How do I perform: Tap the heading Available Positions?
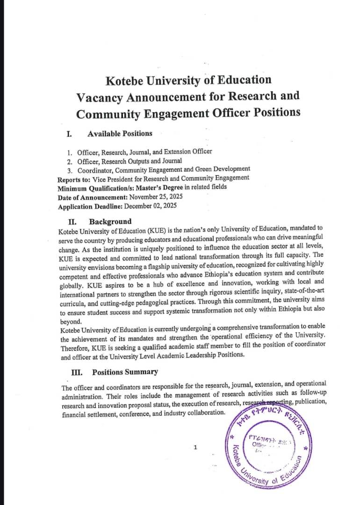tap(120, 133)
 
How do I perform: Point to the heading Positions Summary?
tap(125, 372)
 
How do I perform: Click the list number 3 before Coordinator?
tap(69, 169)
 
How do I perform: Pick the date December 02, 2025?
tap(153, 206)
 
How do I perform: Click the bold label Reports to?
tap(73, 179)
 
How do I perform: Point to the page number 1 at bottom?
tap(195, 447)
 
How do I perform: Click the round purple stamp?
tap(270, 444)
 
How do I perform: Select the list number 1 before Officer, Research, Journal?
tap(69, 152)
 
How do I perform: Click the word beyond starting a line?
tap(71, 322)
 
